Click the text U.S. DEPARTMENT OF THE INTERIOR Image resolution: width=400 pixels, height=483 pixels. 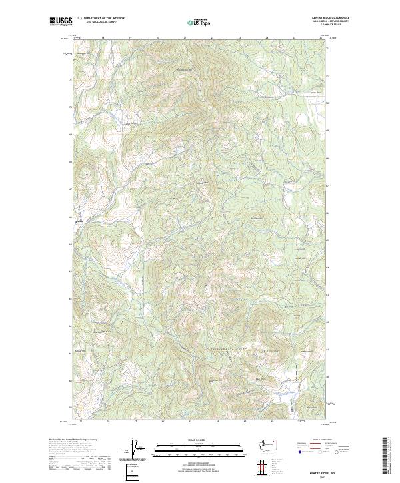click(x=101, y=18)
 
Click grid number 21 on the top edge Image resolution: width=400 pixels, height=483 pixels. click(x=185, y=38)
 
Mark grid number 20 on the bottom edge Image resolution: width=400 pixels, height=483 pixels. click(x=162, y=421)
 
